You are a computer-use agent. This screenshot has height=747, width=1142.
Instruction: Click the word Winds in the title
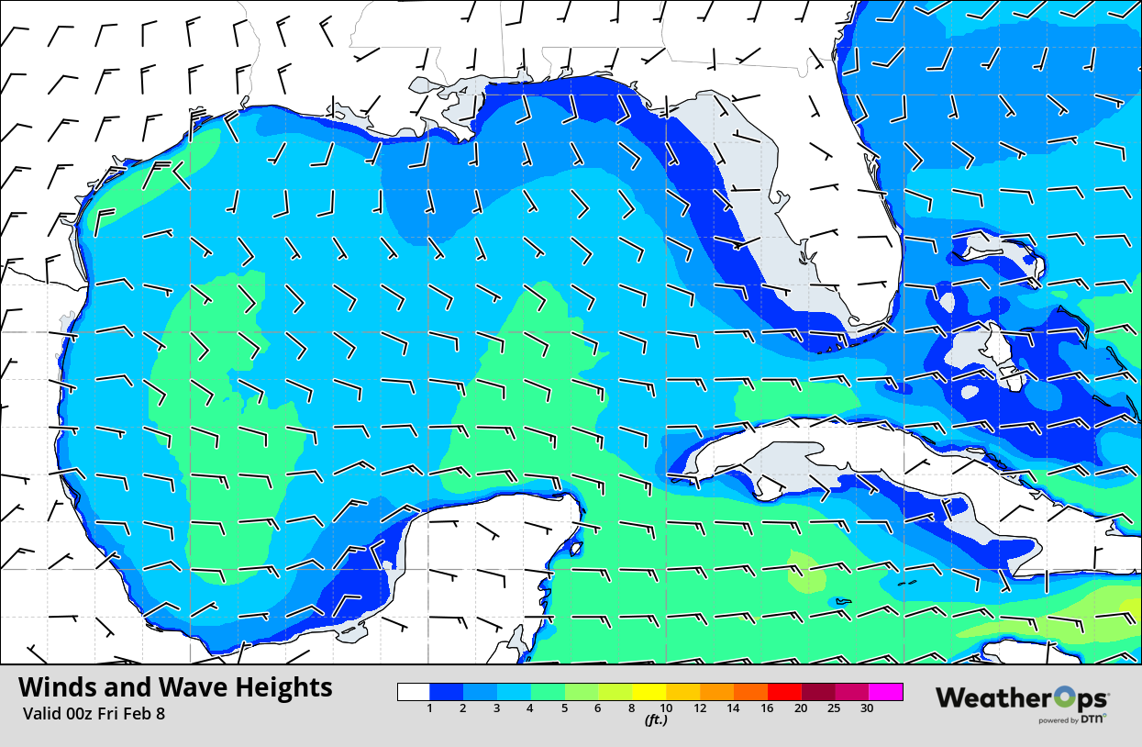point(59,687)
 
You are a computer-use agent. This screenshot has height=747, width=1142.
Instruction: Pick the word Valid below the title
point(41,713)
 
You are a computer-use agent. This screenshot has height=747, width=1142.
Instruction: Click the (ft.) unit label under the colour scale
point(655,720)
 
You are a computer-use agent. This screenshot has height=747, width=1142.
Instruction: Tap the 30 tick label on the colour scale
point(867,708)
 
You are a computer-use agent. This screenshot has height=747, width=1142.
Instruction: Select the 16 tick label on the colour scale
point(767,708)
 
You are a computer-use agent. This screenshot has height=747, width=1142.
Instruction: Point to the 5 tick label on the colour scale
point(564,708)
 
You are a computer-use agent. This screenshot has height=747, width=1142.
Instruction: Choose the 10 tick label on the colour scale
point(666,708)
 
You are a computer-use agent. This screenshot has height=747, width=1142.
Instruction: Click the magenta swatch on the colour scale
point(886,692)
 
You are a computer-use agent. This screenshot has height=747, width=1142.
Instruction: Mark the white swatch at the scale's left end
point(414,692)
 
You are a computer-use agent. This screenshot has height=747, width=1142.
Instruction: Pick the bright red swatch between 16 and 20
point(784,692)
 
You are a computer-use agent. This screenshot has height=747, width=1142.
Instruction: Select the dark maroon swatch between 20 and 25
point(818,692)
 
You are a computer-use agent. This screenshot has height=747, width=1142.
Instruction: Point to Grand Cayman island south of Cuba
point(841,602)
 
